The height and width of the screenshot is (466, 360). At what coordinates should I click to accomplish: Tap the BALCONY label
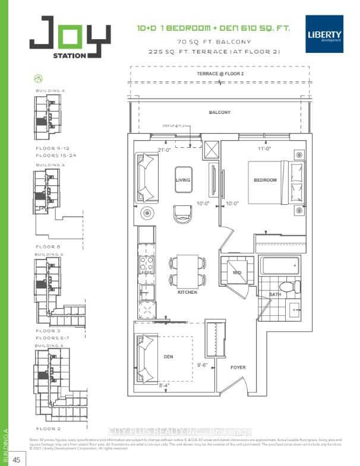click(x=219, y=112)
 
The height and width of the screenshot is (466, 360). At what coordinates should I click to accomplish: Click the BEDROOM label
click(x=265, y=180)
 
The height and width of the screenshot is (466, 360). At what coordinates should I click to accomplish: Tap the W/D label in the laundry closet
click(x=236, y=274)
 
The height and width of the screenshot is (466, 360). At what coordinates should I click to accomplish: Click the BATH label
click(x=274, y=294)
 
